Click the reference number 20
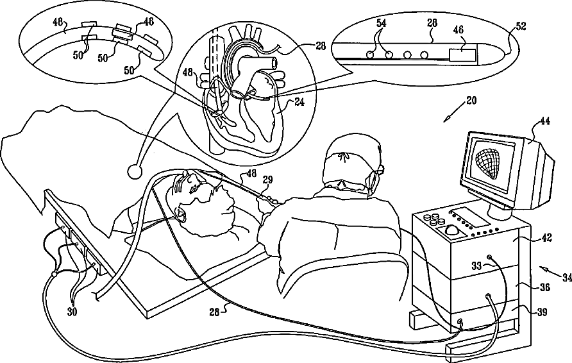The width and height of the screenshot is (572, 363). (471, 101)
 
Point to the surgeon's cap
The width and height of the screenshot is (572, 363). (349, 156)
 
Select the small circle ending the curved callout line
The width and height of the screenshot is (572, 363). (135, 171)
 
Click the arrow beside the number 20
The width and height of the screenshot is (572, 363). (453, 114)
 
